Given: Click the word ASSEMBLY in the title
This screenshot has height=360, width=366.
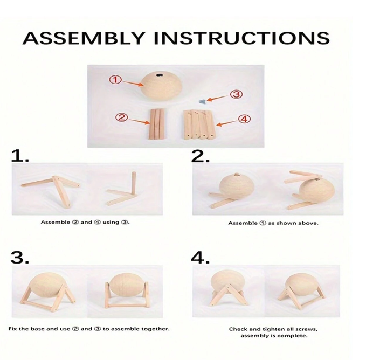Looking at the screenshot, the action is pos(83,38).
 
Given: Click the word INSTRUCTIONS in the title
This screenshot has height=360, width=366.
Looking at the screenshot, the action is pos(241,38).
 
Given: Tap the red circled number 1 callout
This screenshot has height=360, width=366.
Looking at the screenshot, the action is pos(115,80).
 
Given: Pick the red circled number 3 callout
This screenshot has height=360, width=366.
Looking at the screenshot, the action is pos(237,94).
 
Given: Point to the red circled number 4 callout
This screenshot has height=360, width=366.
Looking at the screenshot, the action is pos(244,119).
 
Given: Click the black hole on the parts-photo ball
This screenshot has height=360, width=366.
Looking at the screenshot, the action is pos(160,75).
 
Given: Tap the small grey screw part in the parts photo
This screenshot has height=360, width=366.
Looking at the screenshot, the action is pos(202,101).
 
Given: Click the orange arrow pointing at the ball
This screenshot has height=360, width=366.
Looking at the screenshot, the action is pos(133,84).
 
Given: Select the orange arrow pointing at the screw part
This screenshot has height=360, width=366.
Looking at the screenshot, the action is pos(218,99).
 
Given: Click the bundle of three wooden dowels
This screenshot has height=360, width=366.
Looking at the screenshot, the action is pos(157,124).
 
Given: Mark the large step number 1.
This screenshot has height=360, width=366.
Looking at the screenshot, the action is pos(20,156).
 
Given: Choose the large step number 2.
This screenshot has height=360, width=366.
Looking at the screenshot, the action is pos(201,156).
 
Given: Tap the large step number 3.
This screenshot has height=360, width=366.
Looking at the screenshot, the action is pos(20,258).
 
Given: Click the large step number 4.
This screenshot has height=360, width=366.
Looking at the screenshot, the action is pos(201,258).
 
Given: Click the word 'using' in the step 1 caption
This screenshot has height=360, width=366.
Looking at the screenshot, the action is pos(111,222).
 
